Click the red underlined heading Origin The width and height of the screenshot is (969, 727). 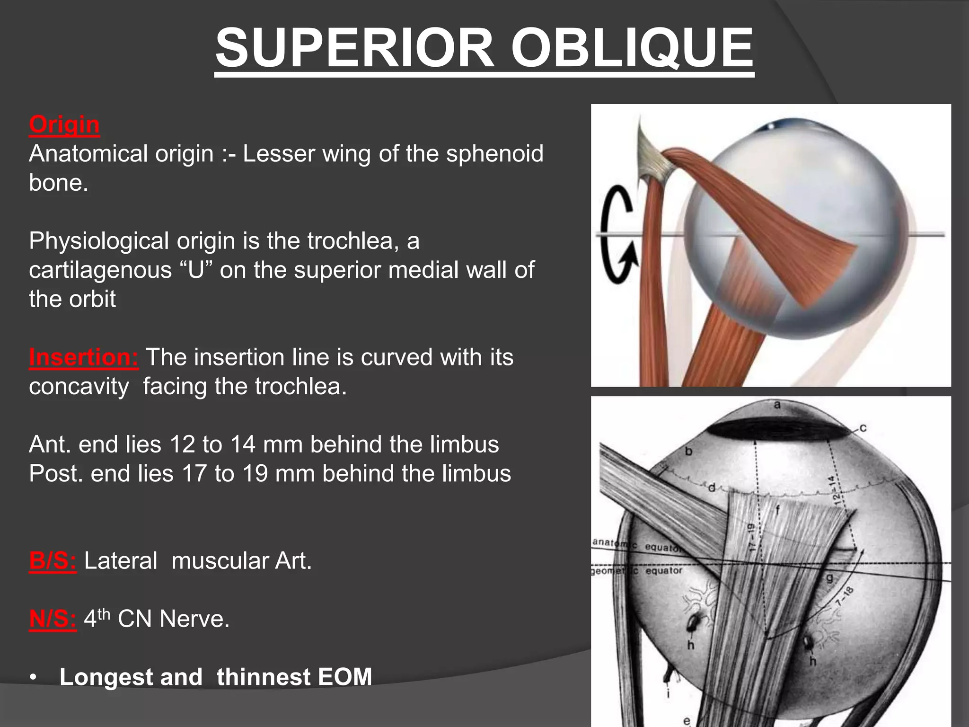[x=64, y=125]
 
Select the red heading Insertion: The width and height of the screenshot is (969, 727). [x=84, y=357]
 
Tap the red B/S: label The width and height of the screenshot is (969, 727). [x=53, y=561]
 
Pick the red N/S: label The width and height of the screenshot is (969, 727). [x=53, y=619]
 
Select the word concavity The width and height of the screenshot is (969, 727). [x=79, y=387]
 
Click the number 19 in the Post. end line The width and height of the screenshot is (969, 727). [x=256, y=474]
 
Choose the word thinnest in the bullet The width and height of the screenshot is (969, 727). [x=263, y=677]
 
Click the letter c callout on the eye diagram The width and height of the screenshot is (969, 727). [x=863, y=428]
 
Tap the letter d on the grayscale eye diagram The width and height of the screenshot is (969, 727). [x=711, y=488]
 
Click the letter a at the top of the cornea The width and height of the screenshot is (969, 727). [x=777, y=405]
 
